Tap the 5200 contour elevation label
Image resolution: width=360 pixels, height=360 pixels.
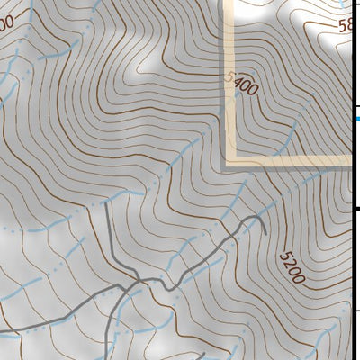(x=292, y=267)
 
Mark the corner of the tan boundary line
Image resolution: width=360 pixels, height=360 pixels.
(x=230, y=162)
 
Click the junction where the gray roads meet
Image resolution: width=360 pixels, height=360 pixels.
(x=137, y=284)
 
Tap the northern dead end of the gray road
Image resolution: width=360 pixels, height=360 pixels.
(x=105, y=205)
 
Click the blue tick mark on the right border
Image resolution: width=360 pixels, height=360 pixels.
(x=357, y=117)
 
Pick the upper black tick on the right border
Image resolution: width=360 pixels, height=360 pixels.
(x=357, y=209)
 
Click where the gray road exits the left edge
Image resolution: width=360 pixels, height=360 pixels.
(x=2, y=332)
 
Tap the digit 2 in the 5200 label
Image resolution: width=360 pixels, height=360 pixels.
(x=288, y=261)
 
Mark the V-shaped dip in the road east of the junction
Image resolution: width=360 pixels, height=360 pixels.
(x=166, y=289)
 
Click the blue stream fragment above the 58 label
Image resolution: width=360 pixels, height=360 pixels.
(x=340, y=7)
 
